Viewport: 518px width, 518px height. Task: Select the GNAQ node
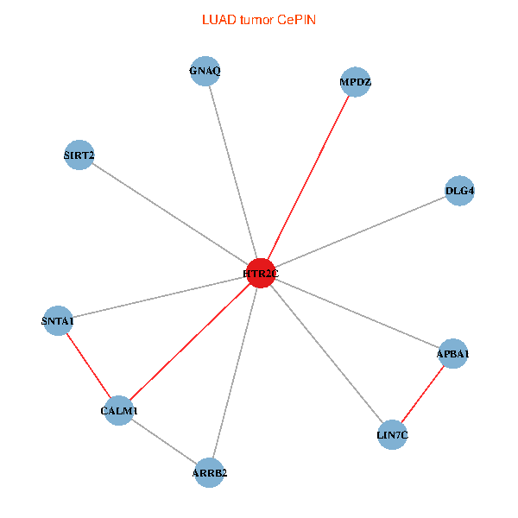[205, 71]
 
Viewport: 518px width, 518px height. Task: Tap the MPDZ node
[355, 82]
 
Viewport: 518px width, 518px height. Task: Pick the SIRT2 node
[79, 155]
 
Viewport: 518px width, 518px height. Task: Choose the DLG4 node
[459, 190]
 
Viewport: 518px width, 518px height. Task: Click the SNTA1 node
[58, 321]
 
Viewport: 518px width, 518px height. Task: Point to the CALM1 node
[118, 410]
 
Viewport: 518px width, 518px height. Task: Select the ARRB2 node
[210, 472]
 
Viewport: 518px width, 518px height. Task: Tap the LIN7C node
[392, 434]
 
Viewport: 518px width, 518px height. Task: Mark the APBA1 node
[452, 353]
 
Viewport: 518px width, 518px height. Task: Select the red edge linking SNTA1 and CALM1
[88, 366]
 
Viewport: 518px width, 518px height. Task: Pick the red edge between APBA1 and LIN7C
[422, 394]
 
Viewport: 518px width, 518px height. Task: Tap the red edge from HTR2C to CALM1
[189, 342]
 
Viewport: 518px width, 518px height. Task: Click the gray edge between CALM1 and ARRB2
[164, 441]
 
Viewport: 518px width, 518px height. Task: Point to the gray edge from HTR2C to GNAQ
[233, 172]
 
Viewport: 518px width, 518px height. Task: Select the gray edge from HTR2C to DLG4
[359, 231]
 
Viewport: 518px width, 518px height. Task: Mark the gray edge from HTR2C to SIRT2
[169, 214]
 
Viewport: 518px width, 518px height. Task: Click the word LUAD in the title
[217, 19]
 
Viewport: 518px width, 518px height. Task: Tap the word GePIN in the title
[296, 19]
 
